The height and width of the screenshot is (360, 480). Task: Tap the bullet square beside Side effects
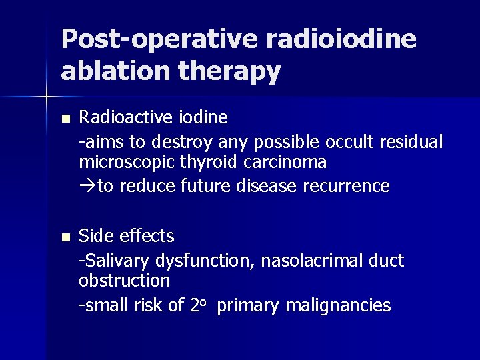[64, 237]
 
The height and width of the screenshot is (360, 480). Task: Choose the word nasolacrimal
[309, 259]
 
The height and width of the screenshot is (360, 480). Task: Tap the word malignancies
[337, 305]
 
